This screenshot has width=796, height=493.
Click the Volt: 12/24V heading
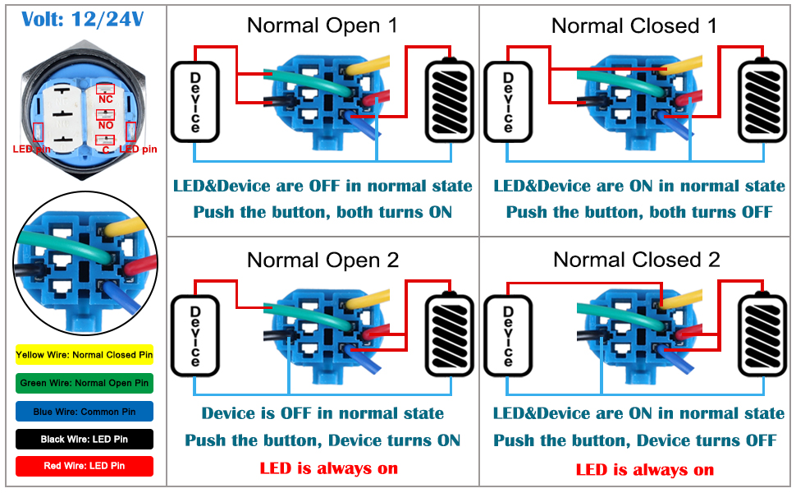click(x=83, y=20)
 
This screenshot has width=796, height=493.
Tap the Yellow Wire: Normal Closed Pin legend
click(x=85, y=355)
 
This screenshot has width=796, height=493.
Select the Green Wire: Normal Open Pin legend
click(x=85, y=383)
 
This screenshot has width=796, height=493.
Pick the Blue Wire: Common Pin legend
click(x=85, y=412)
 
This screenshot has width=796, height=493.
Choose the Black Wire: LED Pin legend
click(x=85, y=439)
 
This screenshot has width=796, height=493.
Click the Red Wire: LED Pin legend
click(x=85, y=466)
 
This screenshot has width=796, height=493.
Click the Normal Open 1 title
click(x=322, y=25)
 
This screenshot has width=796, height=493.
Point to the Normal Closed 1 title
click(x=634, y=25)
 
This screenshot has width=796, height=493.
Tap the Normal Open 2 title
click(x=323, y=260)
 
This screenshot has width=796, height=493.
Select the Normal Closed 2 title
click(x=637, y=260)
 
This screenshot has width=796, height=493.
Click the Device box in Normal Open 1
click(x=195, y=102)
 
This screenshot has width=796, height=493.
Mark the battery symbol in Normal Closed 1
click(x=762, y=100)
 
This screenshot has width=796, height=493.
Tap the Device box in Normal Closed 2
click(x=508, y=336)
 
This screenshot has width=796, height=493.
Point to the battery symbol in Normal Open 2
click(x=449, y=334)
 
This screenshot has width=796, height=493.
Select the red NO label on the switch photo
click(x=106, y=125)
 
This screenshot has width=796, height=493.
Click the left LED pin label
click(x=31, y=149)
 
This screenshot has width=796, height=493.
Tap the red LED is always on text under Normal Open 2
click(x=329, y=468)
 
